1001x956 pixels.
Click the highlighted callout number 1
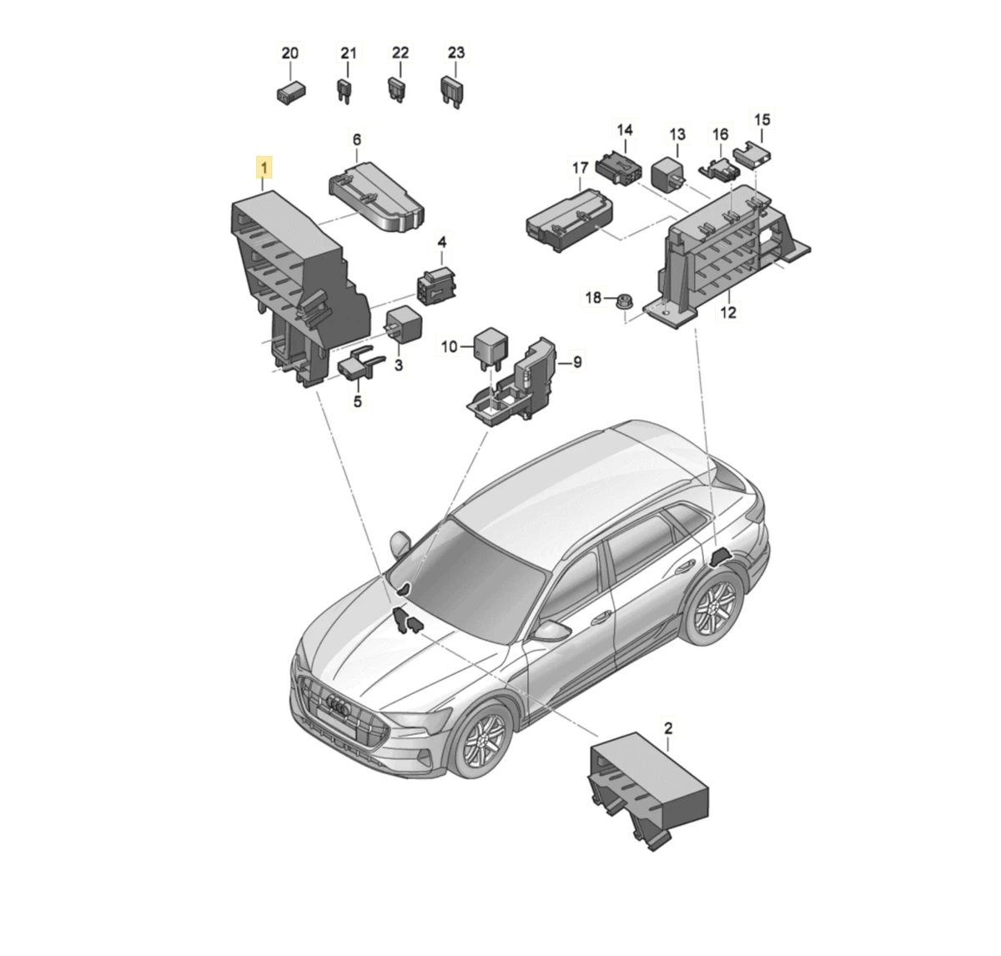pos(264,168)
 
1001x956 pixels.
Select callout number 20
pos(289,53)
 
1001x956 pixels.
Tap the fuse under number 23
pos(452,92)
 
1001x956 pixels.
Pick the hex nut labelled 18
pos(625,299)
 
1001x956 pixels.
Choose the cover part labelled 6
pos(376,197)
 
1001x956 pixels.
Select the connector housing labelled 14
pos(619,168)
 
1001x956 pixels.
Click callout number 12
pos(728,312)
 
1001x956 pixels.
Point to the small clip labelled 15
pos(752,154)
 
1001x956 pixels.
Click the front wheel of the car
pos(481,746)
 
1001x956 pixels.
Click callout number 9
pos(577,362)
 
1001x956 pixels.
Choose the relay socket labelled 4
pos(438,284)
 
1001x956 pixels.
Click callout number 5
pos(358,400)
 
